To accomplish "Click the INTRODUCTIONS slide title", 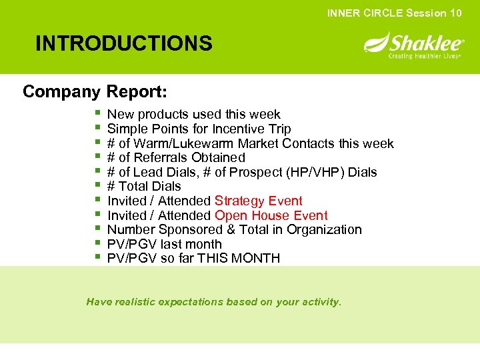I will click(x=124, y=44).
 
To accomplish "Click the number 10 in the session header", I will click(x=455, y=13).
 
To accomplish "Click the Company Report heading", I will click(x=95, y=91).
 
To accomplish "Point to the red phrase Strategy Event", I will click(x=259, y=201).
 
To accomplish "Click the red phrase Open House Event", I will click(x=271, y=215).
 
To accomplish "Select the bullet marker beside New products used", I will click(x=97, y=114).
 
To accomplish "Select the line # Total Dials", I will click(x=144, y=186).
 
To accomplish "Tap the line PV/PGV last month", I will click(x=164, y=244).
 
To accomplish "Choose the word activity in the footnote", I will click(x=319, y=302).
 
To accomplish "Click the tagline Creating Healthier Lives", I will click(x=424, y=56).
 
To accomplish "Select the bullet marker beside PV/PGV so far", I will click(x=97, y=257).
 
